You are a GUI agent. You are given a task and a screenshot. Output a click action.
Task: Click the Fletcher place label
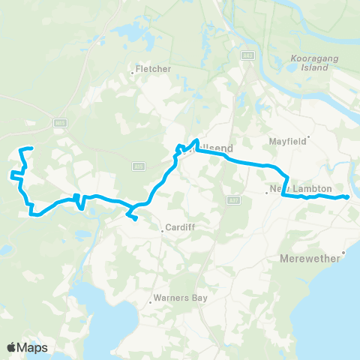point(154,69)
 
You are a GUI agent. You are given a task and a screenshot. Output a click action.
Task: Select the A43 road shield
point(248,55)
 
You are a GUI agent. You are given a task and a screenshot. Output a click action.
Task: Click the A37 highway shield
point(232,199)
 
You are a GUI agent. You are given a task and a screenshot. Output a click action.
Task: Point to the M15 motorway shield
point(61,122)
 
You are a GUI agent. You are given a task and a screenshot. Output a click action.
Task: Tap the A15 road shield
point(139,166)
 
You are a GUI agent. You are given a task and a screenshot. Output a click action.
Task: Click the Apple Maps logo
point(27,347)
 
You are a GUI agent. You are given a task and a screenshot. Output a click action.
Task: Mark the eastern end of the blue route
point(347,196)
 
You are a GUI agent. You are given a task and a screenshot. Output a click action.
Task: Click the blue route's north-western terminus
point(31,148)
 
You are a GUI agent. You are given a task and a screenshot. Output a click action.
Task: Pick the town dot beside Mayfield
point(307,137)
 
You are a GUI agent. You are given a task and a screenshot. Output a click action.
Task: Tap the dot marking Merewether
point(343,252)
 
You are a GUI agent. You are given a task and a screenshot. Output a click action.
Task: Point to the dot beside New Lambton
point(267,193)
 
